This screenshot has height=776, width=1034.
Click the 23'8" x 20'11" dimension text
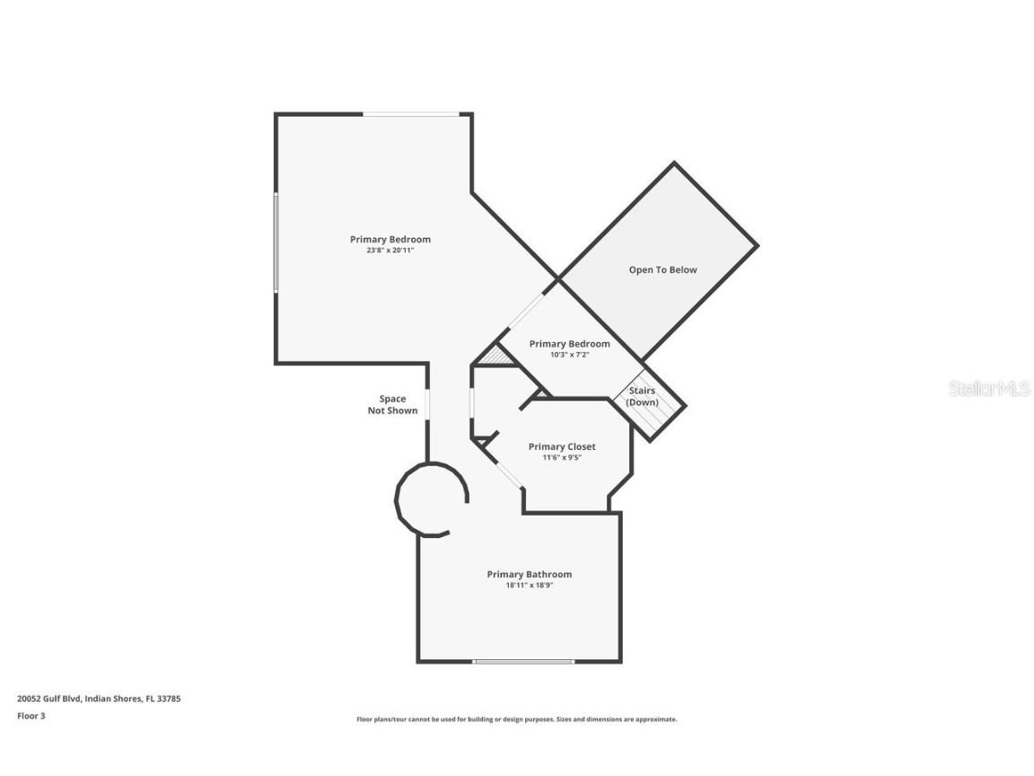(390, 250)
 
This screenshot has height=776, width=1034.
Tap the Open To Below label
(662, 269)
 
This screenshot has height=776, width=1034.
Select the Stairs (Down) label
(643, 397)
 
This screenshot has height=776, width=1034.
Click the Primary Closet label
(562, 446)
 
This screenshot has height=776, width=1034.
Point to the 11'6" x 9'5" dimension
(562, 457)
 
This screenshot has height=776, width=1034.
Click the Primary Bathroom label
(530, 574)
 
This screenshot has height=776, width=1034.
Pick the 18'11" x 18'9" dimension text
(530, 585)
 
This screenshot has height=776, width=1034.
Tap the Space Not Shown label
(392, 404)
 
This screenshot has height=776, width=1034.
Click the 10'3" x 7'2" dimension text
(570, 355)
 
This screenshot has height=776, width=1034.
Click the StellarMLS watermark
(989, 388)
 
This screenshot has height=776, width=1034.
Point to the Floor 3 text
(31, 715)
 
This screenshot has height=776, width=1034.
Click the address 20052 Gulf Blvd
(49, 698)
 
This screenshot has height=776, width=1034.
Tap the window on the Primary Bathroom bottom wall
(523, 661)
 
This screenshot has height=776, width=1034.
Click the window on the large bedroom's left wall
(276, 242)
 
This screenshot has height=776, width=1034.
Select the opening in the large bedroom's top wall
(411, 115)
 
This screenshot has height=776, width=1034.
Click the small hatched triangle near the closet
(495, 357)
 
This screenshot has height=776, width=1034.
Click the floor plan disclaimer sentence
(516, 719)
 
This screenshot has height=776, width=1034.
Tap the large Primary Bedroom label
(390, 239)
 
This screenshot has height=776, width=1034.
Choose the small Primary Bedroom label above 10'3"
(570, 344)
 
